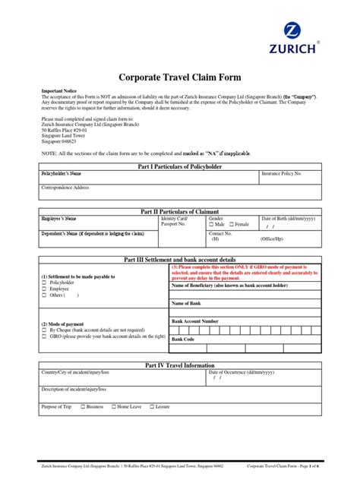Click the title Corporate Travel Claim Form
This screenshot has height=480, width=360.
179,77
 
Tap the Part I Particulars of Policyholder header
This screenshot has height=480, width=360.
179,166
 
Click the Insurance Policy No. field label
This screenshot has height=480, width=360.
282,174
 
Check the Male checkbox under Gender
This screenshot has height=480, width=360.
212,225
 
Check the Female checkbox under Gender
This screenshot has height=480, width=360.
232,225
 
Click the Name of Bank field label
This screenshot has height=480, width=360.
187,303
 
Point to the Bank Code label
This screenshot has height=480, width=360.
183,339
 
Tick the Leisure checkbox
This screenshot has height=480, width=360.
150,407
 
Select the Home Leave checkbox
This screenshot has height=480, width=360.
112,407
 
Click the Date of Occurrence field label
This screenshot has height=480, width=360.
240,372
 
